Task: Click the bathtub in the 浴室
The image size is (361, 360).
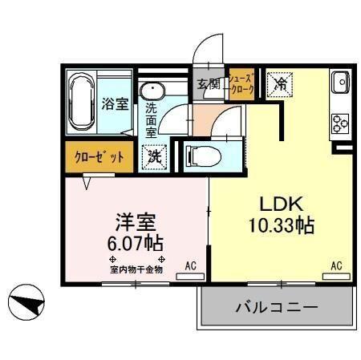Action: tap(80, 103)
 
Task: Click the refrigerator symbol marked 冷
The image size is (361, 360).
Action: tap(280, 83)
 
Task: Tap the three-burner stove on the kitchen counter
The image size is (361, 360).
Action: tap(338, 123)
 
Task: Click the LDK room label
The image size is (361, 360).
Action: tap(278, 203)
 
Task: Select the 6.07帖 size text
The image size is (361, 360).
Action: tap(133, 241)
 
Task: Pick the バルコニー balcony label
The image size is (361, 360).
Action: tap(277, 307)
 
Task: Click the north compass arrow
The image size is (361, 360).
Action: tap(26, 303)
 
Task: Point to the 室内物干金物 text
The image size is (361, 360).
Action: tap(136, 270)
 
